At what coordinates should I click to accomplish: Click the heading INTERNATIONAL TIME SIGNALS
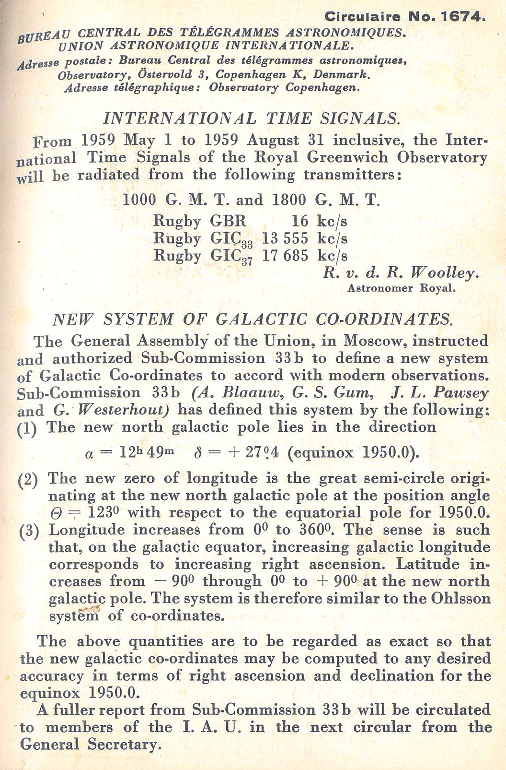coord(252,118)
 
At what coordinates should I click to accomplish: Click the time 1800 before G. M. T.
coord(289,199)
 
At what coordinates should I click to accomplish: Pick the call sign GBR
coord(228,221)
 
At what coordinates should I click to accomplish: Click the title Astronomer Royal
coord(401,288)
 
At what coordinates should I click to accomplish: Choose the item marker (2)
coord(28,479)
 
